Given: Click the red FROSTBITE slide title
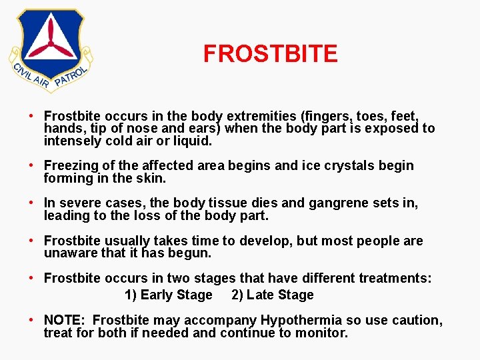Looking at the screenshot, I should point(270,53).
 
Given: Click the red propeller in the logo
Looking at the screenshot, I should point(51,40).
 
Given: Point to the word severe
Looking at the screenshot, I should point(79,203).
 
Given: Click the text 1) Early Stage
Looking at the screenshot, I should point(168,295).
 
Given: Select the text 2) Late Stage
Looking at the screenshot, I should point(272,295).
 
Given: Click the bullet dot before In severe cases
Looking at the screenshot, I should point(33,203).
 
